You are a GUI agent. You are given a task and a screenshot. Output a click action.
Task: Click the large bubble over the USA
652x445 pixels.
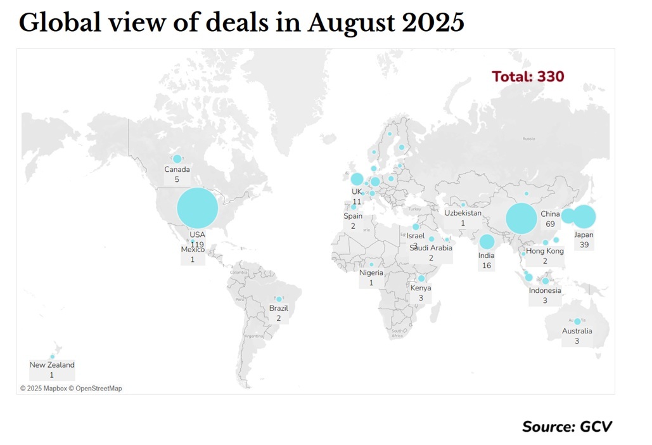(x=198, y=208)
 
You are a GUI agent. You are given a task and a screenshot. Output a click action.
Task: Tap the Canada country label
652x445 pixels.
(x=177, y=169)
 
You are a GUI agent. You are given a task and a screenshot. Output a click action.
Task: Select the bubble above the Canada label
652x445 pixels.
(x=177, y=158)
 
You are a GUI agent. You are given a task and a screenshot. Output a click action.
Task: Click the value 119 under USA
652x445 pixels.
(x=197, y=244)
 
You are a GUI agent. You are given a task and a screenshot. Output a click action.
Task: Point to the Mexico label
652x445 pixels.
(x=193, y=250)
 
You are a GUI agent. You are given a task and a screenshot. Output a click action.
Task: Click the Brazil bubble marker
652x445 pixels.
(x=279, y=299)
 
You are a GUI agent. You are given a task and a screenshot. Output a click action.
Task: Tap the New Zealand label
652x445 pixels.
(x=52, y=364)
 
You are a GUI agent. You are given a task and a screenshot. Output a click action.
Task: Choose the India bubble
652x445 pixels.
(x=487, y=242)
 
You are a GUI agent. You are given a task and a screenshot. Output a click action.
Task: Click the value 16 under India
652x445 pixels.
(x=487, y=266)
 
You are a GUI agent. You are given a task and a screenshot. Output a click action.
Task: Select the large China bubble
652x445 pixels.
(x=522, y=219)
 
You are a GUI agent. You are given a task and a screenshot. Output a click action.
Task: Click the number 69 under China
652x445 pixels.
(x=550, y=224)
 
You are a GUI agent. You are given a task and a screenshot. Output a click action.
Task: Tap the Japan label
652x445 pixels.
(x=584, y=235)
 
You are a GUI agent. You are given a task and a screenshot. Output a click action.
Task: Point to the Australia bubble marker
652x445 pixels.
(x=577, y=321)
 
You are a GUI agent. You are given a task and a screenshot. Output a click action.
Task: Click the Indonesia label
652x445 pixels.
(x=545, y=290)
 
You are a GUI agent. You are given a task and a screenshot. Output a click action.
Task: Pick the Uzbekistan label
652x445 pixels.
(x=463, y=213)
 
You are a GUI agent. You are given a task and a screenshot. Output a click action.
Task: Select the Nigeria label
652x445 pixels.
(x=371, y=273)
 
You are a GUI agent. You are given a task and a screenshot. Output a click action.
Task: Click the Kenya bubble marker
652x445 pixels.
(x=421, y=278)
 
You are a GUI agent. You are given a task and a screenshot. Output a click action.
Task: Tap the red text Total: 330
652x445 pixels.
(x=528, y=77)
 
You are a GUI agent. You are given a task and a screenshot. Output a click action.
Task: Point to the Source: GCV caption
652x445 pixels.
(x=567, y=426)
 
